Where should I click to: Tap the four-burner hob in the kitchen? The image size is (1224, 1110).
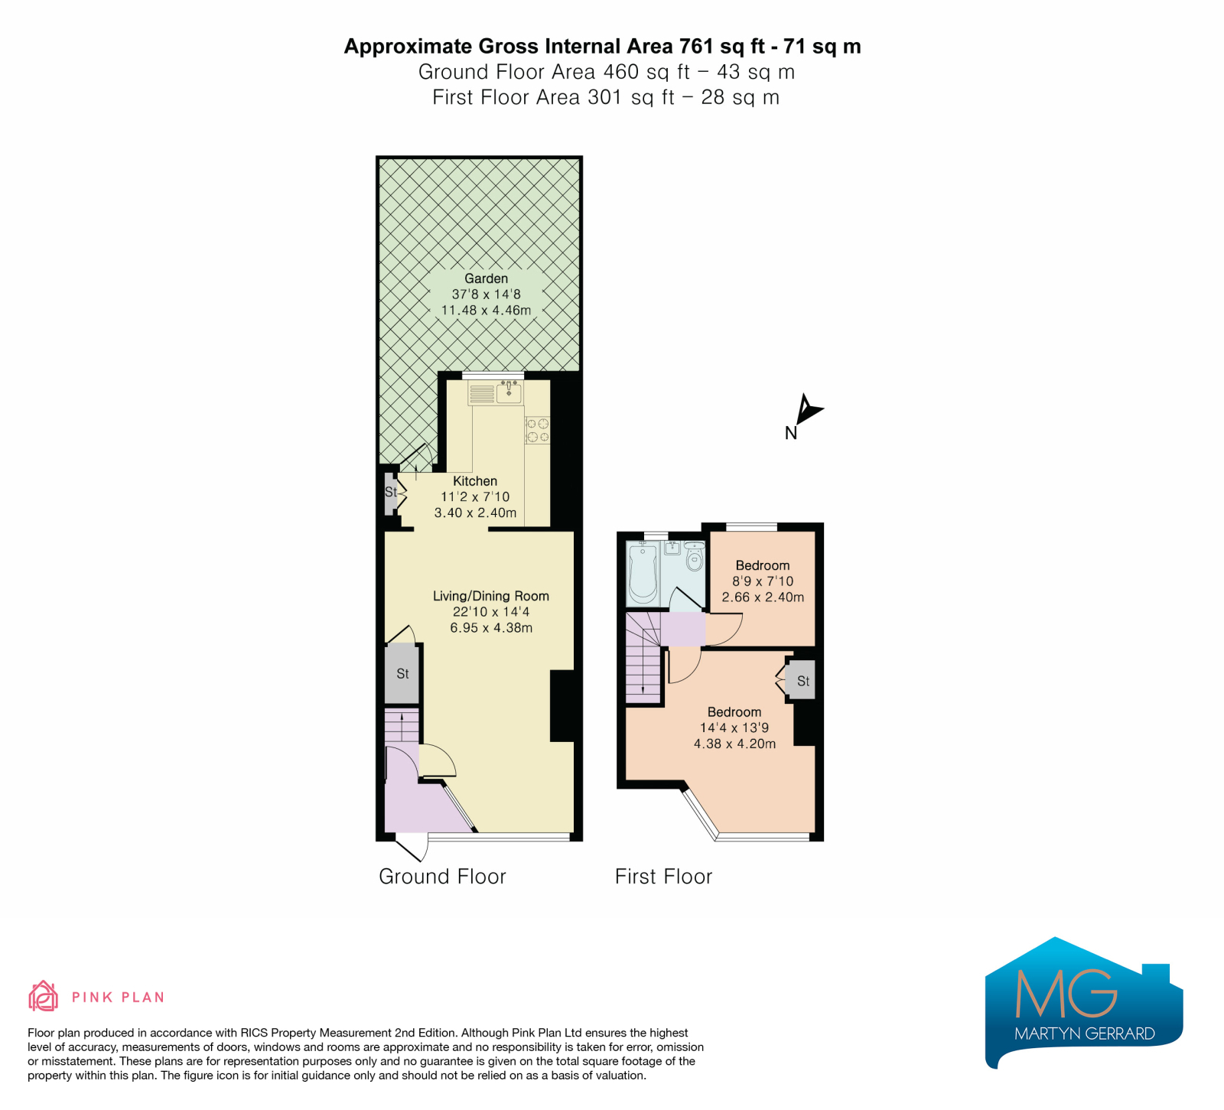pyautogui.click(x=537, y=430)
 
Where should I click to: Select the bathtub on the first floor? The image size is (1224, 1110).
pyautogui.click(x=643, y=573)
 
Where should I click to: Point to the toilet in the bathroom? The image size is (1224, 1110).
pyautogui.click(x=695, y=556)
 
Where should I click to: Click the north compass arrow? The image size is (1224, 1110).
pyautogui.click(x=807, y=409)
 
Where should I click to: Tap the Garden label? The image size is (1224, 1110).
pyautogui.click(x=486, y=278)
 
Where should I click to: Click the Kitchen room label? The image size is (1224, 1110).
pyautogui.click(x=475, y=481)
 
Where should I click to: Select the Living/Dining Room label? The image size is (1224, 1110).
pyautogui.click(x=491, y=596)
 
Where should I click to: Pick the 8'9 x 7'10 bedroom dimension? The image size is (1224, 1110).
pyautogui.click(x=763, y=581)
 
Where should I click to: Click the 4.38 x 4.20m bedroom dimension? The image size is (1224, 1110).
pyautogui.click(x=734, y=744)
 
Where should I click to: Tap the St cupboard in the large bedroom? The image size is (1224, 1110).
pyautogui.click(x=800, y=680)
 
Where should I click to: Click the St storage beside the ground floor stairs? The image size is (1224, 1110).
pyautogui.click(x=402, y=674)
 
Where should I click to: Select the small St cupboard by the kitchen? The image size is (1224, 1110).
pyautogui.click(x=390, y=492)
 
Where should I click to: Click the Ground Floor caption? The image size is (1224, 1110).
pyautogui.click(x=442, y=877)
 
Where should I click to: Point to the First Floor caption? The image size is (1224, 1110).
pyautogui.click(x=663, y=877)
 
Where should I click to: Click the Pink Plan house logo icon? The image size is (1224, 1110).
pyautogui.click(x=43, y=996)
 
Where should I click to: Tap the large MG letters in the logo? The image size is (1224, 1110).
pyautogui.click(x=1066, y=993)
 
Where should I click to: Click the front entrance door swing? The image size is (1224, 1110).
pyautogui.click(x=413, y=848)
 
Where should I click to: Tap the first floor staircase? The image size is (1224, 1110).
pyautogui.click(x=643, y=657)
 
